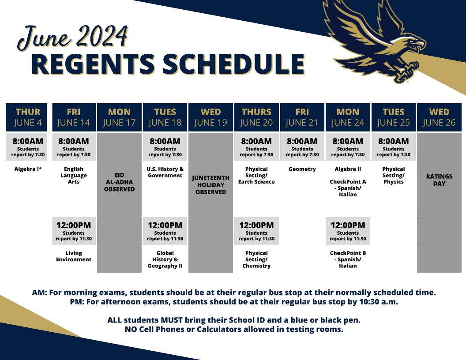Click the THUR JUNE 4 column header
28,117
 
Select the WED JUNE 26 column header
439,117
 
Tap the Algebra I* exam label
28,169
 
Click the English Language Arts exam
74,175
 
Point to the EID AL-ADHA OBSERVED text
119,182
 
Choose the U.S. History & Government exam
165,172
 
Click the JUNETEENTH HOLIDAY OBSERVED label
210,185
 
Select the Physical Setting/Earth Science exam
256,175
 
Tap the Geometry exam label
302,169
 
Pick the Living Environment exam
74,256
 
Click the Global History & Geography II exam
165,259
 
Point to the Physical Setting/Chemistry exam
256,259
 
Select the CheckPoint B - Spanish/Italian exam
348,259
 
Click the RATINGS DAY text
439,180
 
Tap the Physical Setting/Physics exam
394,175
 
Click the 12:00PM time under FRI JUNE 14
74,225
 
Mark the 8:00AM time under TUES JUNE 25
394,142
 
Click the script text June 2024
73,37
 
